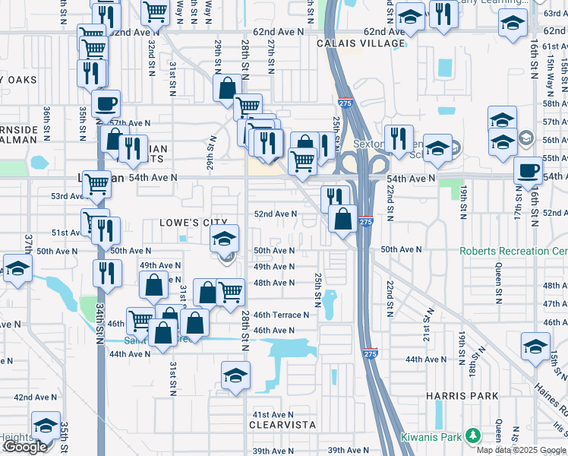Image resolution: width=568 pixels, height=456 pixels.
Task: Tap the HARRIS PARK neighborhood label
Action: point(462,396)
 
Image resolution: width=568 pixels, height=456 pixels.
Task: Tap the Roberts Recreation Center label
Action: point(513,251)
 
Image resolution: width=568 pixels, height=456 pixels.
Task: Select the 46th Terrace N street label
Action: point(281,315)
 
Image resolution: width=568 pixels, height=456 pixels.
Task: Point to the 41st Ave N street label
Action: point(273,413)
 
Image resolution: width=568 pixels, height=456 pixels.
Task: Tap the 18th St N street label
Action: point(472,362)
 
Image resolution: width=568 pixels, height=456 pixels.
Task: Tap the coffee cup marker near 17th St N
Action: point(528,170)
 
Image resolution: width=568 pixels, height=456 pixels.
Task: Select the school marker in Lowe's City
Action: point(224,239)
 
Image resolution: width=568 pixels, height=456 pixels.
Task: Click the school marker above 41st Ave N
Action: point(235,375)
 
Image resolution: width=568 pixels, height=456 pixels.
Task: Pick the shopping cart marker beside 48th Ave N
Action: point(231,290)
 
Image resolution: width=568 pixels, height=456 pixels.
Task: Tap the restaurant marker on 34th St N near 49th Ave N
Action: point(107,272)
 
